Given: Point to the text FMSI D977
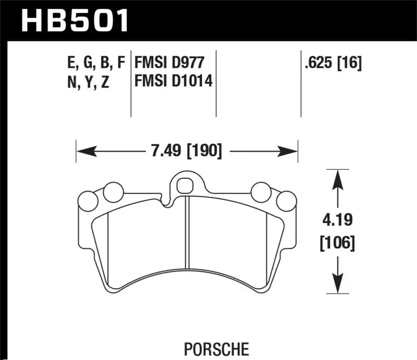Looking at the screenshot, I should (x=167, y=63).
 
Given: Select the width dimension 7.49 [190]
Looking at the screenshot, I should (x=186, y=152).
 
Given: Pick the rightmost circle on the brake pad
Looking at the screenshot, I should (x=286, y=201).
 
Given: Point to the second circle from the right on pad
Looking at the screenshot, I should (x=260, y=192).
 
